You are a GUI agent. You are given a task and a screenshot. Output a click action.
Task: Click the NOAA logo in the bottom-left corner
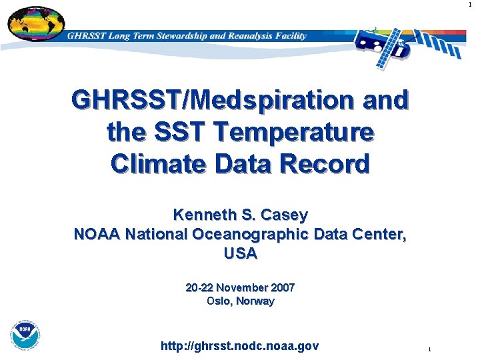coord(25,335)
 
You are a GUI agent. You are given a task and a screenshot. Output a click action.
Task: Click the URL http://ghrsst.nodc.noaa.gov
coord(240,346)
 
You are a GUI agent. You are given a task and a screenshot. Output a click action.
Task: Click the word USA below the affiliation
coord(240,254)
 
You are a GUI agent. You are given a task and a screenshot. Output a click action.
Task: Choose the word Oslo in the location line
coord(219,301)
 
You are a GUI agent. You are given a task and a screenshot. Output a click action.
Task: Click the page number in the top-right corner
coord(470,5)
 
